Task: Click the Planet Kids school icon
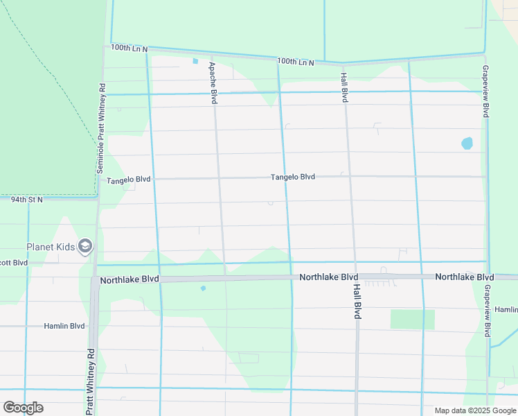tap(85, 246)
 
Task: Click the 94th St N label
tap(26, 200)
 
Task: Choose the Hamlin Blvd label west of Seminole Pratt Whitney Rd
tap(64, 326)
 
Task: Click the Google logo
tap(23, 408)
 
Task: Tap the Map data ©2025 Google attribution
tap(474, 410)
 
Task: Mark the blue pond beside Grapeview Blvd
tap(467, 144)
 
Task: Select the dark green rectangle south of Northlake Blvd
tap(412, 320)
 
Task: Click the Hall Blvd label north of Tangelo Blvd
tap(343, 87)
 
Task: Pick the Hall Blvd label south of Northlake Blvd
tap(357, 300)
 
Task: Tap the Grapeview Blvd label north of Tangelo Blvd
tap(485, 92)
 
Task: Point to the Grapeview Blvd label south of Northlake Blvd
tap(488, 310)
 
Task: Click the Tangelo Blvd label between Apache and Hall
tap(292, 177)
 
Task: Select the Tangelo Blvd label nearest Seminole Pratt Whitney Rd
tap(128, 180)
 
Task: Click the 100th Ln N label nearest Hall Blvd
tap(296, 62)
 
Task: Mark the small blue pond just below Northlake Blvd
tap(203, 288)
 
